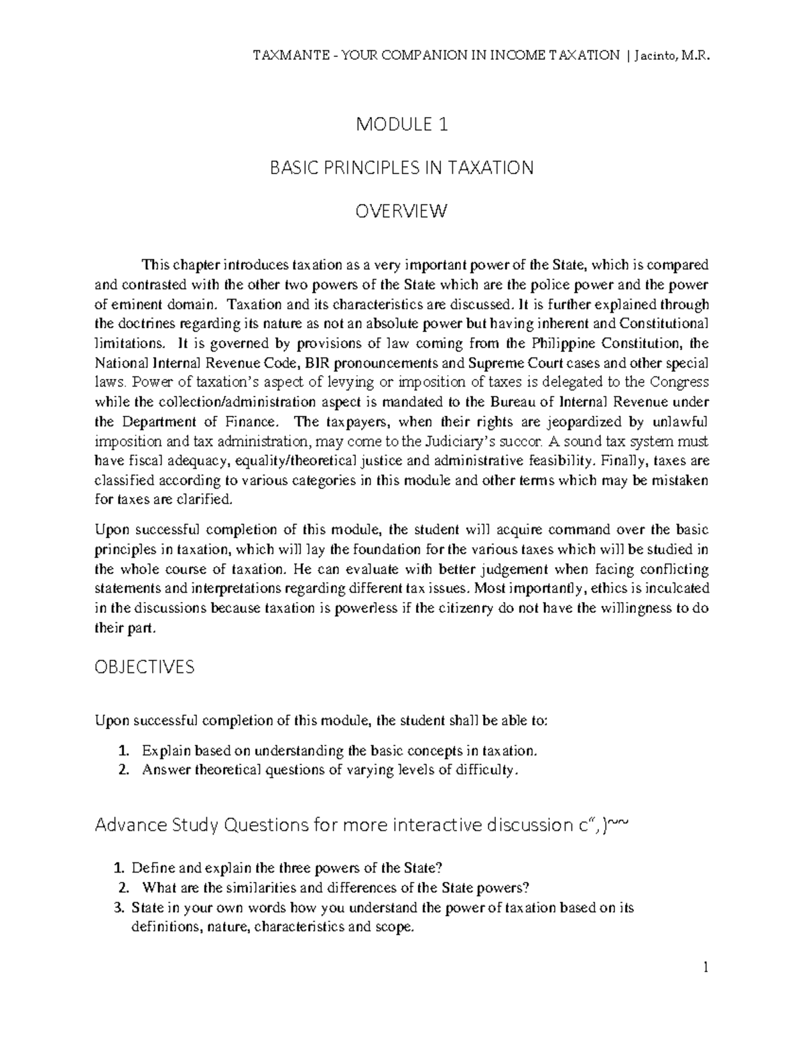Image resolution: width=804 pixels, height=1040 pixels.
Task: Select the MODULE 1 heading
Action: (x=401, y=125)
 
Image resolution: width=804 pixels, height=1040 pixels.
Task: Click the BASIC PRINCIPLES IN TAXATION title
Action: (x=401, y=167)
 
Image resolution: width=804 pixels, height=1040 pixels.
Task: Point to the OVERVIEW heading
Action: (x=401, y=212)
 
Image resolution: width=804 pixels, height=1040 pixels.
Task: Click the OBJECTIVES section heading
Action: (x=145, y=667)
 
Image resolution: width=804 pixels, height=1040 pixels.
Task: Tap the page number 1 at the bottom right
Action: (x=705, y=968)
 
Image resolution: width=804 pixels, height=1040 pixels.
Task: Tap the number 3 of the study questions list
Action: (x=119, y=908)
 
